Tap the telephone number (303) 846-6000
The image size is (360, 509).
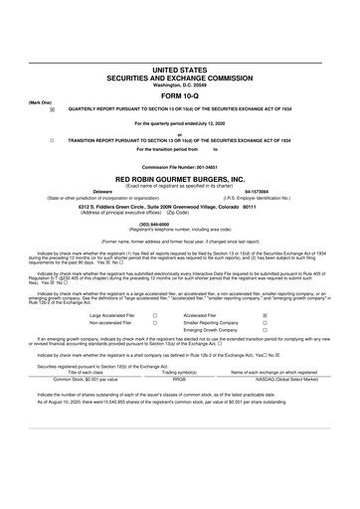tap(179, 225)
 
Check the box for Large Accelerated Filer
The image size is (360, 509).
tap(155, 313)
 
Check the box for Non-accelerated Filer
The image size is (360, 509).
tap(155, 323)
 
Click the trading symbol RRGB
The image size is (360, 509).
tap(180, 407)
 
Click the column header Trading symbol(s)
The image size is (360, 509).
tap(180, 400)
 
